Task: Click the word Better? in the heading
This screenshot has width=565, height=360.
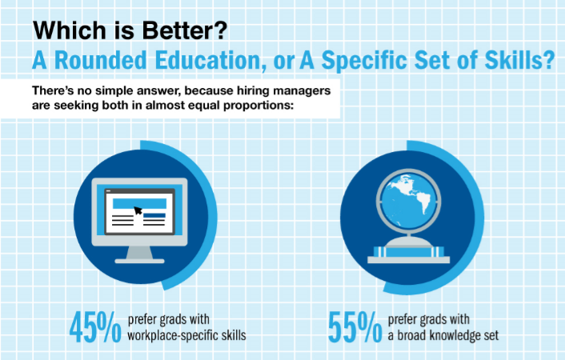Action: pos(185,30)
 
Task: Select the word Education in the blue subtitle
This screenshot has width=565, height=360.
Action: pos(208,60)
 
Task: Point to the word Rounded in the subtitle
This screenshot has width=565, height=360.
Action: pos(101,60)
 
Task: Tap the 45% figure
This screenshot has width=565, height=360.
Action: pos(95,327)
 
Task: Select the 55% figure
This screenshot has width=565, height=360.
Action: pos(355,327)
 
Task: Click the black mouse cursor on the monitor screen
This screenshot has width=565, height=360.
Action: pos(138,210)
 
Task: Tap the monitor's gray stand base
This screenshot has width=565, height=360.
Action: pos(139,261)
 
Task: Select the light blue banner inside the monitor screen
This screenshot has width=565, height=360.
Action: pos(139,204)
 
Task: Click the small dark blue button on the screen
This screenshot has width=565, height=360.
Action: pos(154,215)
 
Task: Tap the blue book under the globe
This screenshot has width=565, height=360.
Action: pos(409,252)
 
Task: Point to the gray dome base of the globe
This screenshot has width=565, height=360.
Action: pos(409,242)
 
